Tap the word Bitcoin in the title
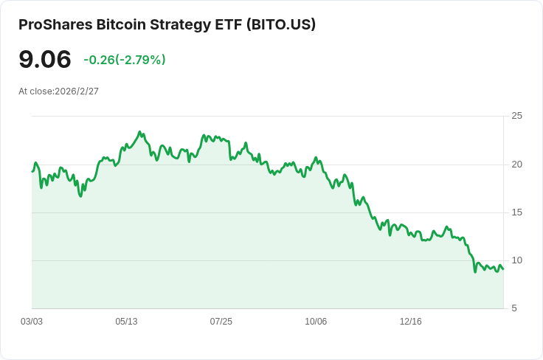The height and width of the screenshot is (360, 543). tap(120, 24)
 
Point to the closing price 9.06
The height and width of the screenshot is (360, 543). tap(45, 60)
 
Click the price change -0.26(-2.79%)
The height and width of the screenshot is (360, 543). tap(125, 60)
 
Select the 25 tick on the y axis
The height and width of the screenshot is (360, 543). tap(516, 116)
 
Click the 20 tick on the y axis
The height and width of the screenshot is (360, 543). tap(516, 164)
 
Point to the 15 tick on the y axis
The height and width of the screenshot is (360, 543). tap(516, 212)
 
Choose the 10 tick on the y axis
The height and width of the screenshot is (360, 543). tap(516, 260)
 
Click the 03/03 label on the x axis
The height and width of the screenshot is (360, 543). tap(32, 322)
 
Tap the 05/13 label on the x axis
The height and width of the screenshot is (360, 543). tap(126, 322)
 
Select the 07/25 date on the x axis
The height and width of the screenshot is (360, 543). tap(221, 322)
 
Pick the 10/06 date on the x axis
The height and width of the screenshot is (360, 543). tap(315, 322)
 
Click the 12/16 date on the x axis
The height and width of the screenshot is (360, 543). tap(410, 322)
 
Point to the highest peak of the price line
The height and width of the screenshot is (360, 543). tap(139, 133)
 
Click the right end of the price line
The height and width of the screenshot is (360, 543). tap(503, 269)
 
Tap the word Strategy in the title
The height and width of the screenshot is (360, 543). tap(174, 24)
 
